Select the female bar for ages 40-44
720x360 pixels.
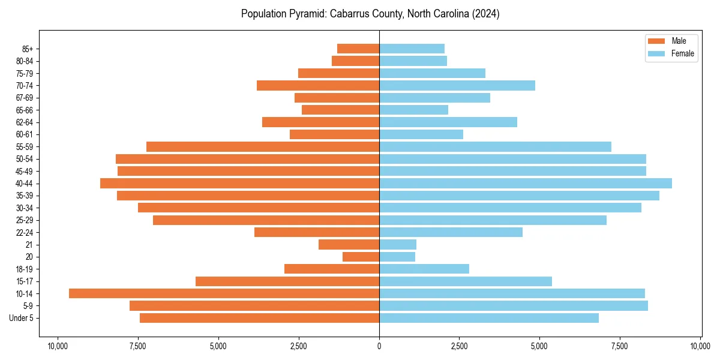[x=526, y=183]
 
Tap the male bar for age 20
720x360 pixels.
[x=361, y=257]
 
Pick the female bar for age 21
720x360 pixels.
[x=398, y=245]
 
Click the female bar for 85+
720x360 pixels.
[x=412, y=49]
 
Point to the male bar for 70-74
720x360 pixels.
[x=318, y=85]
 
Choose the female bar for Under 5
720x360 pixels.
[x=489, y=318]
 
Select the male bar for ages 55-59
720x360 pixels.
[x=263, y=146]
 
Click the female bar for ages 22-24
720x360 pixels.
[x=451, y=232]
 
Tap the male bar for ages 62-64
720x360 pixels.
[x=320, y=122]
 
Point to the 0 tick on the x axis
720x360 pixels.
[x=379, y=346]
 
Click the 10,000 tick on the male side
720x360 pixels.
[x=58, y=346]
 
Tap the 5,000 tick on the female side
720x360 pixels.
[x=539, y=346]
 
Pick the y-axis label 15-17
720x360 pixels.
[x=25, y=281]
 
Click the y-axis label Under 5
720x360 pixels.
[x=22, y=318]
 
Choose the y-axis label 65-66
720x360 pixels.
[x=25, y=110]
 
